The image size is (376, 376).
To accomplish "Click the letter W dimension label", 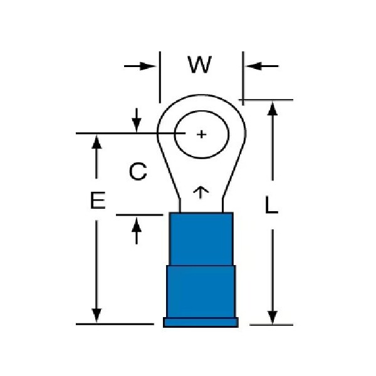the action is [x=199, y=65].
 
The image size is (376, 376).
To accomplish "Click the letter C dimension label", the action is [x=138, y=171].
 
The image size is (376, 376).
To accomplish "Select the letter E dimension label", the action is [x=98, y=200].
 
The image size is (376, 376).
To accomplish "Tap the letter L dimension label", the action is [x=271, y=204].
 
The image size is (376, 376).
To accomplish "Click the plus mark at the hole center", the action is [x=201, y=134].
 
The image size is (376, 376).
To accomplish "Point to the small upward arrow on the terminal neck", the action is [x=201, y=192].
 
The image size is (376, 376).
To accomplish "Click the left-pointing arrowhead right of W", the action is [x=254, y=66].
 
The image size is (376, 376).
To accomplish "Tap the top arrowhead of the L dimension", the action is [x=273, y=109].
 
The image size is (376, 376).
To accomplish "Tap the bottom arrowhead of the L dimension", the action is [x=273, y=317].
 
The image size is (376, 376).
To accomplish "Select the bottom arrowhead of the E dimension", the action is [x=97, y=316].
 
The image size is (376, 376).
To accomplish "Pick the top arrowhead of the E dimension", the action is [x=97, y=142].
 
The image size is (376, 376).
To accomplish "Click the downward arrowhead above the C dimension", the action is [x=137, y=125].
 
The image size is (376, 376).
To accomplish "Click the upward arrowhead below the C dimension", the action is [x=137, y=224].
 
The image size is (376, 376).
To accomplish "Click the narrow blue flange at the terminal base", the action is [x=201, y=322].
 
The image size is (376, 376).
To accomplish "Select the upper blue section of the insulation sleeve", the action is [x=201, y=239].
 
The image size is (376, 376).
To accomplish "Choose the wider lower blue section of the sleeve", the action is [x=201, y=291].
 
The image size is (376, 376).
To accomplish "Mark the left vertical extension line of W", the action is [x=160, y=77].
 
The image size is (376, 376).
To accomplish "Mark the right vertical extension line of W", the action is [x=243, y=78].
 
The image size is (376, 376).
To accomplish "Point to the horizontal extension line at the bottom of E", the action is [x=115, y=324].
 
